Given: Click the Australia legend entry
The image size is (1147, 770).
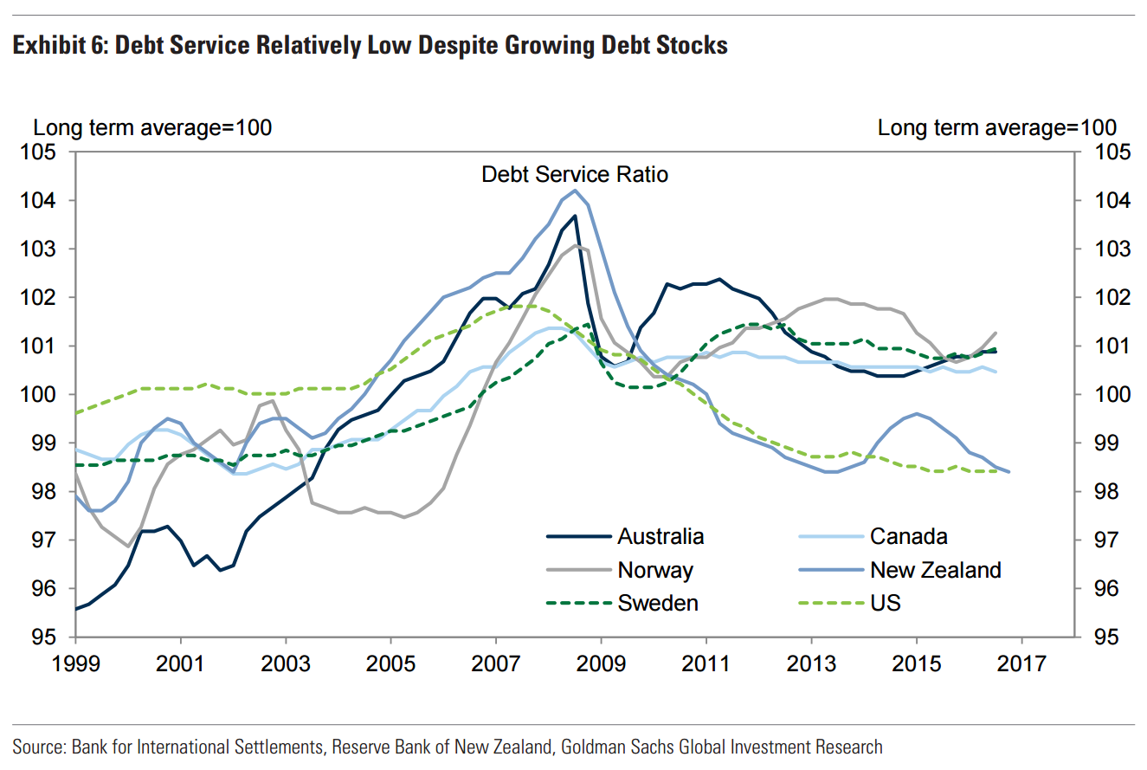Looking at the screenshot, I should tap(660, 536).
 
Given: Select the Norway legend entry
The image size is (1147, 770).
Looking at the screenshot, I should tap(655, 570).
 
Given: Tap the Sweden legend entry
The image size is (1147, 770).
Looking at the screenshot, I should tap(658, 603).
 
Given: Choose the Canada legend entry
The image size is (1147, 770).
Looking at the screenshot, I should tap(908, 536).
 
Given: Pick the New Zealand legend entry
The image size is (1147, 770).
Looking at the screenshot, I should tap(935, 570).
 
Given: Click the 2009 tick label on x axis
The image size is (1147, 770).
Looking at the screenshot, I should tap(601, 664).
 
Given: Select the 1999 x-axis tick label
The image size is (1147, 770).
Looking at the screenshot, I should tap(76, 664).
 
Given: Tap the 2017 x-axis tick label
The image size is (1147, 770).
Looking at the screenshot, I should tap(1021, 664).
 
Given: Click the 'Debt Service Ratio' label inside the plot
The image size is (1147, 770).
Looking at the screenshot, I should tap(575, 174).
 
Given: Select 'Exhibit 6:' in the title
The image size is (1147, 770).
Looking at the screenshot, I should tap(60, 46).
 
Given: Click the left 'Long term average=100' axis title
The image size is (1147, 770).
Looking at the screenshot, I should tap(152, 127).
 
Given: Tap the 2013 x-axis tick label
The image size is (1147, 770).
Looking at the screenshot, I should tap(811, 664).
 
